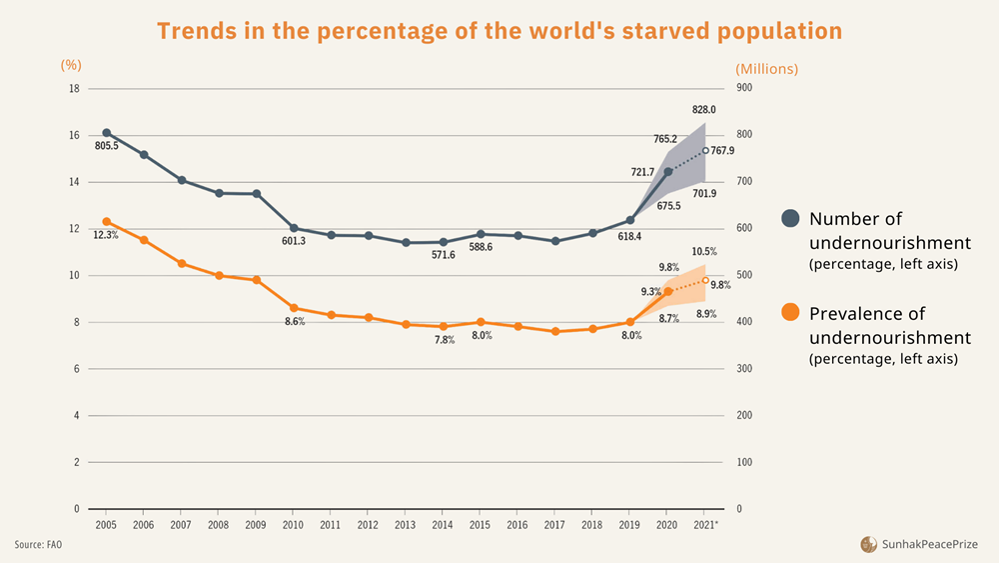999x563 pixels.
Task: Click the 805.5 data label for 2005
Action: point(107,146)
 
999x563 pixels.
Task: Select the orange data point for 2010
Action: point(294,308)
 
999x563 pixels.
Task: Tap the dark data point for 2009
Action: point(257,194)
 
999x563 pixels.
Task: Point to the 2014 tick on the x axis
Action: point(443,524)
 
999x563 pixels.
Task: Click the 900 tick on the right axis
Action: point(744,88)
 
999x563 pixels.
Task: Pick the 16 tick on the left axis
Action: point(73,135)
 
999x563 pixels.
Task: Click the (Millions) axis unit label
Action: point(766,69)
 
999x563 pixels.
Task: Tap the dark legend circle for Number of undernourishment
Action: point(790,219)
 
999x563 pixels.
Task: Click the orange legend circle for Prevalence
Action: point(790,313)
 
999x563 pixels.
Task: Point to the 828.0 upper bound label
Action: point(704,109)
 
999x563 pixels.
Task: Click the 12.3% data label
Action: point(106,235)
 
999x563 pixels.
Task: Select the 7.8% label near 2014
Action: point(444,340)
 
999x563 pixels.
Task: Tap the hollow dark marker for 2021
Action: point(705,151)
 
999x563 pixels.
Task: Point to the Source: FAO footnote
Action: point(38,544)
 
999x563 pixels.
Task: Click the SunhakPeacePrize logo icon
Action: point(869,544)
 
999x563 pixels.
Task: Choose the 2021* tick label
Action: point(706,524)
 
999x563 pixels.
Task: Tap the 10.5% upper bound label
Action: point(705,252)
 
